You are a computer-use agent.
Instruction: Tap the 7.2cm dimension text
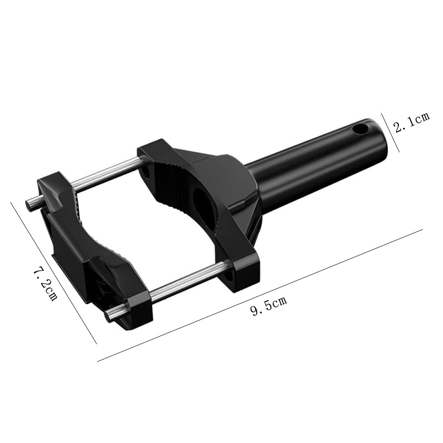(x=46, y=284)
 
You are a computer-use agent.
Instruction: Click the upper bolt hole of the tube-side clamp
(x=147, y=171)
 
